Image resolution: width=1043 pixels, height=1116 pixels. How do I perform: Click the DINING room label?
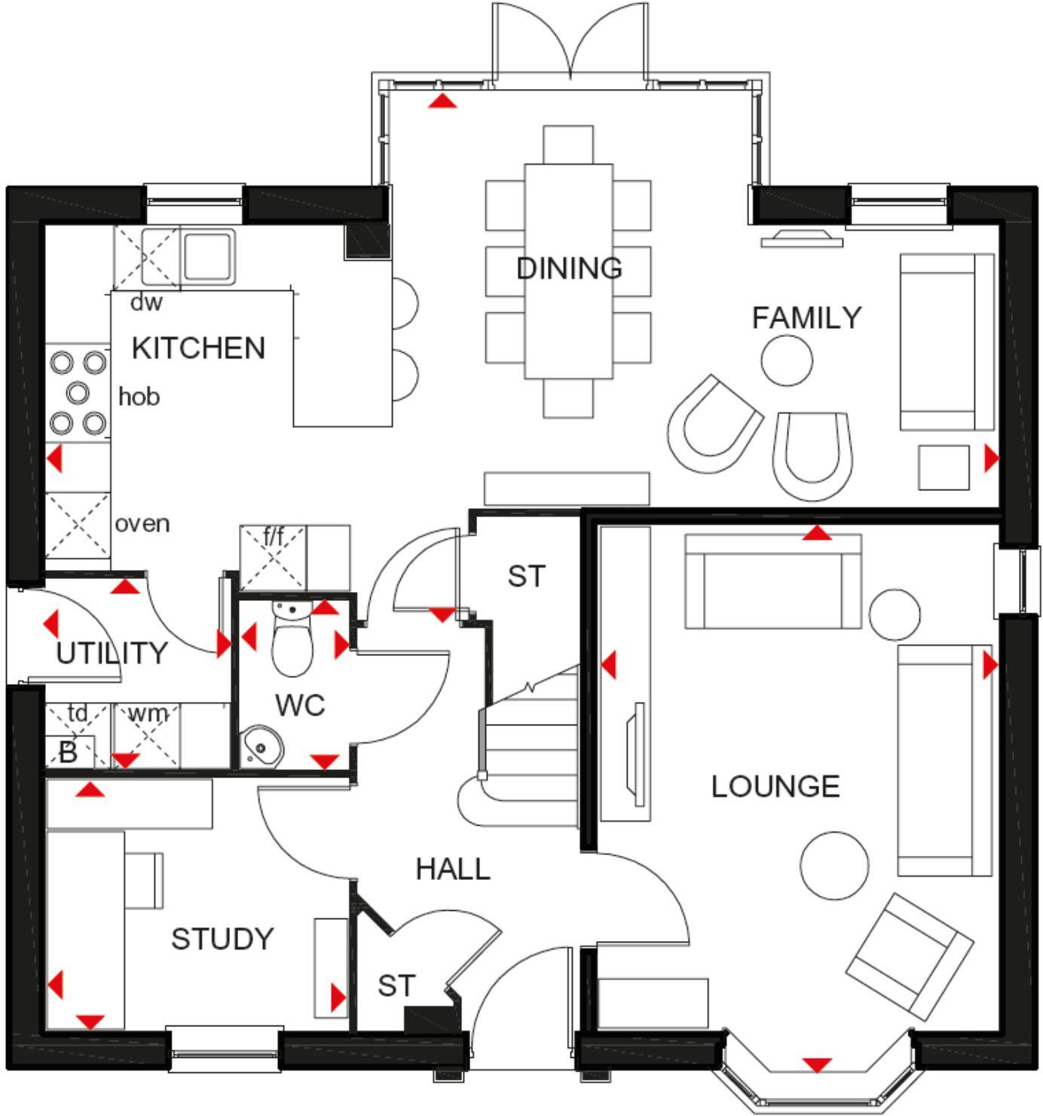(x=569, y=268)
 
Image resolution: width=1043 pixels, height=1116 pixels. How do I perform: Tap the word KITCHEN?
(x=198, y=348)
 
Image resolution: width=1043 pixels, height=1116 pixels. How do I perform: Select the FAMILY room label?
(x=806, y=317)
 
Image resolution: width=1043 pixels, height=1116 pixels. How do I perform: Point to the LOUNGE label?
(x=775, y=786)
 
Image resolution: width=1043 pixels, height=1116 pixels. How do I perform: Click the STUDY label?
(x=222, y=939)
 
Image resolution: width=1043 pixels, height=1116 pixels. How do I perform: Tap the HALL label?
(x=453, y=869)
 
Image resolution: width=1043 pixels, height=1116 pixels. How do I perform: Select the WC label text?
(x=300, y=705)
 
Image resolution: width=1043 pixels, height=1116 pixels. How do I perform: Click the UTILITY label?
(x=112, y=653)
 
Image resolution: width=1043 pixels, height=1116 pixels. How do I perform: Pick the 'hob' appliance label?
(x=139, y=397)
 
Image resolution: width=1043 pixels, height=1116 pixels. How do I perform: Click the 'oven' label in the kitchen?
(x=142, y=523)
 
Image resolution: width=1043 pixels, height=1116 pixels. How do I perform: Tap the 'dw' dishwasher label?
(x=146, y=302)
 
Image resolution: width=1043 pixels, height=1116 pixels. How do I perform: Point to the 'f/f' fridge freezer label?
(x=274, y=537)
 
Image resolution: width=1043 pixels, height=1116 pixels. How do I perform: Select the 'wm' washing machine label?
(x=148, y=713)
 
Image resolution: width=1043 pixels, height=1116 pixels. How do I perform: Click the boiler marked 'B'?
(x=68, y=752)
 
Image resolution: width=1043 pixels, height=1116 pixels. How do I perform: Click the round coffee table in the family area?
(x=786, y=360)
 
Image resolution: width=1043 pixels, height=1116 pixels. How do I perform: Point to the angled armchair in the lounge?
(x=909, y=956)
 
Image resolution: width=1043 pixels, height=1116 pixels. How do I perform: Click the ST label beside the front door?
(x=396, y=986)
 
